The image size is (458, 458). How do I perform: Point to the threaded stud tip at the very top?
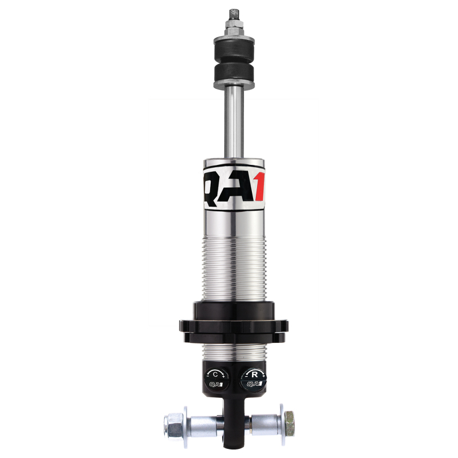point(233,13)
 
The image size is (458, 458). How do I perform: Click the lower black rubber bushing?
point(233,72)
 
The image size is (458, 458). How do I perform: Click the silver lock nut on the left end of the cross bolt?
point(172,424)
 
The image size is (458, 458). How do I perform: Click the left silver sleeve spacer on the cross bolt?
point(203,424)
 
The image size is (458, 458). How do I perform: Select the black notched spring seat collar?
point(233,323)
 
